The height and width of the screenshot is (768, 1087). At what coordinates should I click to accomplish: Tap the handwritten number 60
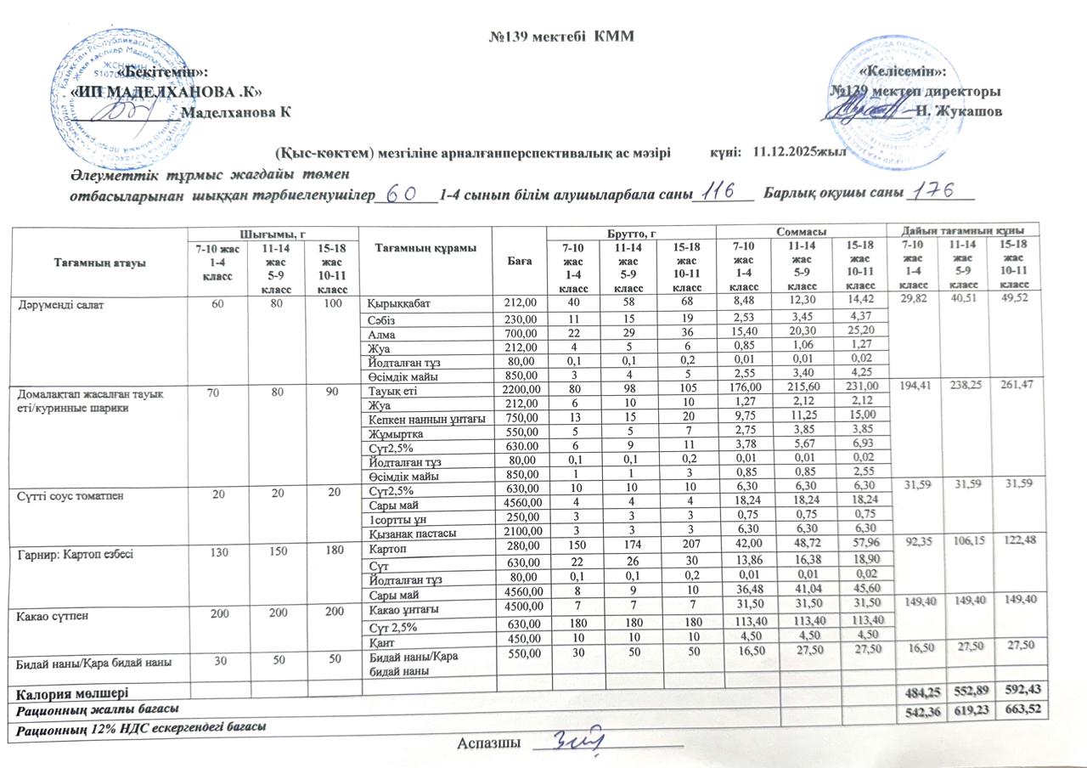[400, 195]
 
